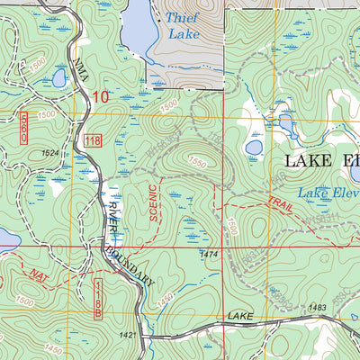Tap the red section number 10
(98, 95)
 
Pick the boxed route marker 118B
(100, 297)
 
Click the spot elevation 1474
(210, 255)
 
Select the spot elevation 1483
(316, 309)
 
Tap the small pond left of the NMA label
(58, 79)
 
